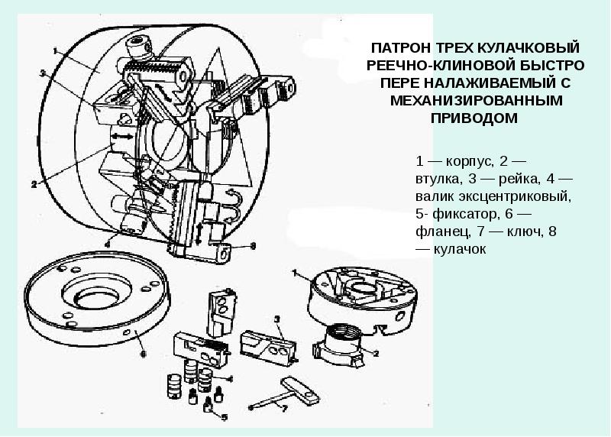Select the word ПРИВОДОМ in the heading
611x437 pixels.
474,117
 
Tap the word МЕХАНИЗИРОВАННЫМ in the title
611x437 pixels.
474,100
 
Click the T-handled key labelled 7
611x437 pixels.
294,390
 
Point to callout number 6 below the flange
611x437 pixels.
142,354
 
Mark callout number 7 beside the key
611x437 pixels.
284,409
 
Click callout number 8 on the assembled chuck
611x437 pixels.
253,246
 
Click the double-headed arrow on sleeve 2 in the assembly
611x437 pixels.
121,135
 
